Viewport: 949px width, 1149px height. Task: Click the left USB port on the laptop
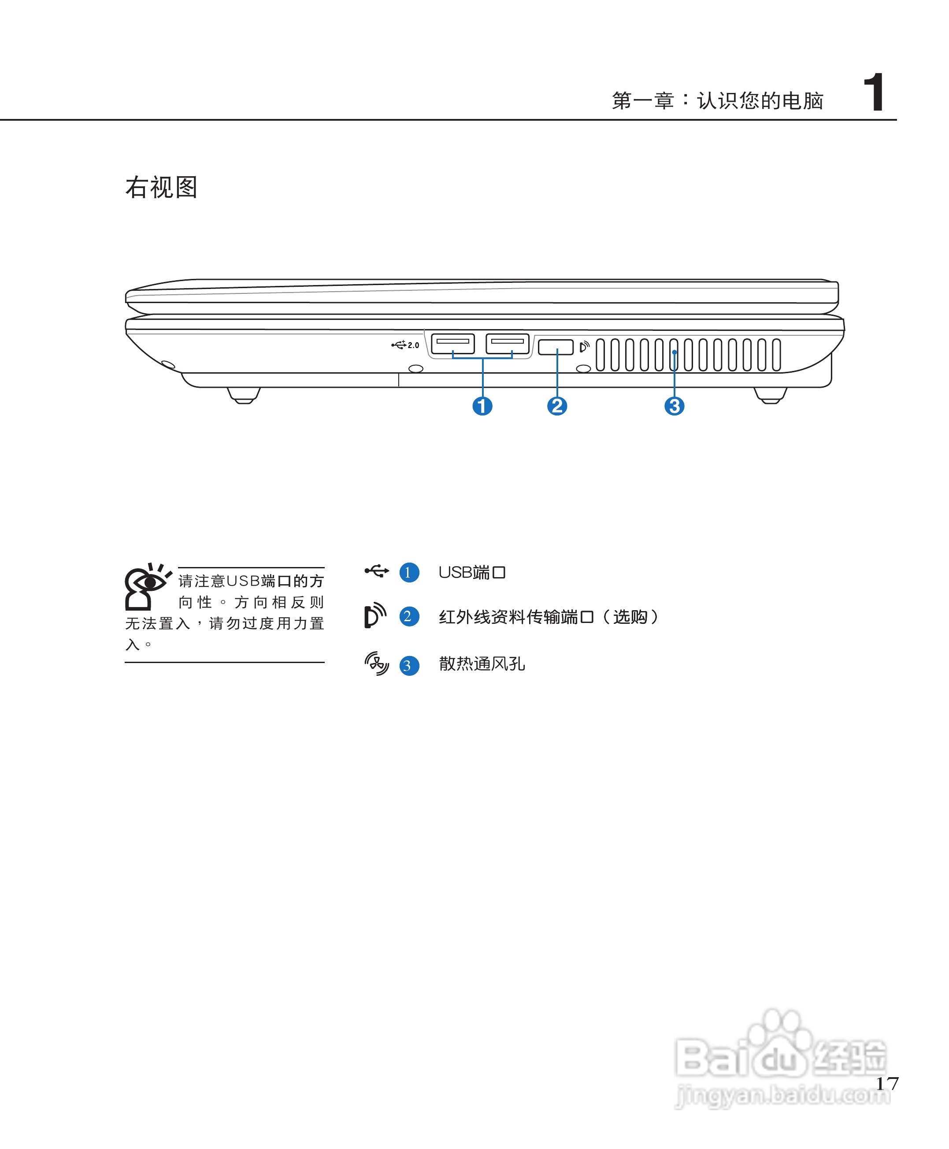452,344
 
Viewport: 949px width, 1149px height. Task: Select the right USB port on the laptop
507,344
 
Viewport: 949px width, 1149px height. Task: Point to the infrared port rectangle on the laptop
556,347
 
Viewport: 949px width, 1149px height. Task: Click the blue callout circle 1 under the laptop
482,406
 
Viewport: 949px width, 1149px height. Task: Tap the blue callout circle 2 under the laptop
557,406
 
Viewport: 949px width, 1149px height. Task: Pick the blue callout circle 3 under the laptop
674,406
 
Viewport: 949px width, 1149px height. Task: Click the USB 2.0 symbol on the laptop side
405,345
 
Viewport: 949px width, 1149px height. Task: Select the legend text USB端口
472,572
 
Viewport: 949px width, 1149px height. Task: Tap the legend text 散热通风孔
482,663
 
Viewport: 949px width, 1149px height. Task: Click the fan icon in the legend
377,663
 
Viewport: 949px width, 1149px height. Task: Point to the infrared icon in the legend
375,616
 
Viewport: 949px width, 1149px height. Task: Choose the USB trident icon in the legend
377,571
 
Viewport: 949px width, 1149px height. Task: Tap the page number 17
887,1083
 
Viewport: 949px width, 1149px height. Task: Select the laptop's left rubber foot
244,395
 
